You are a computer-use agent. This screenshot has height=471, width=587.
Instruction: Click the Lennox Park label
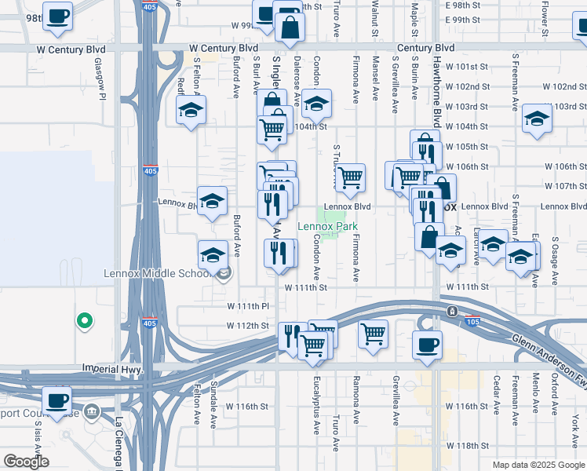[327, 227]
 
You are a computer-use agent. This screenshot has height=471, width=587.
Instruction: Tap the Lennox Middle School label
[159, 274]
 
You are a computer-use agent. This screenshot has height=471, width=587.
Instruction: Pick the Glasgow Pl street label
[100, 79]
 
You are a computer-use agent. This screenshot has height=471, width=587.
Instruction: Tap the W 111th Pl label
[248, 305]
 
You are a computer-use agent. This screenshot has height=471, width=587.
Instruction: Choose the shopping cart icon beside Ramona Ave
[373, 332]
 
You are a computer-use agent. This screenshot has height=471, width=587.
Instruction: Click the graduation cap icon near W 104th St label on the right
[537, 118]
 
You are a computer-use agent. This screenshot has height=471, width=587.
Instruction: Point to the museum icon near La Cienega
[92, 411]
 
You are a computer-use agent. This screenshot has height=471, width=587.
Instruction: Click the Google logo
[26, 462]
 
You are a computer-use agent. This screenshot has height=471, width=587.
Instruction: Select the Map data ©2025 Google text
[538, 465]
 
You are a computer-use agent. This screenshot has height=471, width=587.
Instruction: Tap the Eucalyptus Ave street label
[318, 412]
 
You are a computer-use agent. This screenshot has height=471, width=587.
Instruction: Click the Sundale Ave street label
[213, 406]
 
